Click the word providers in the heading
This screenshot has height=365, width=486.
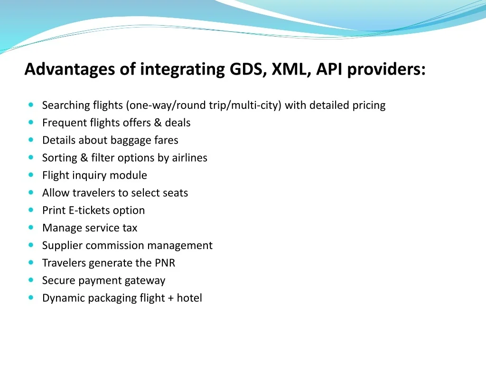point(386,69)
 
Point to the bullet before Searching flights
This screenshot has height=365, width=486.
point(31,105)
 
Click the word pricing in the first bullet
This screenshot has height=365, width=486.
point(369,106)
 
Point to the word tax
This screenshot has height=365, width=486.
point(130,228)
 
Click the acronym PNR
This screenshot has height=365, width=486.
point(165,263)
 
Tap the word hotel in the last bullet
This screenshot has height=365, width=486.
point(189,298)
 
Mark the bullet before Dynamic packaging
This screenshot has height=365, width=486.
point(31,298)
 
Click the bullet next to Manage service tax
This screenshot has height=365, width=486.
point(31,227)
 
